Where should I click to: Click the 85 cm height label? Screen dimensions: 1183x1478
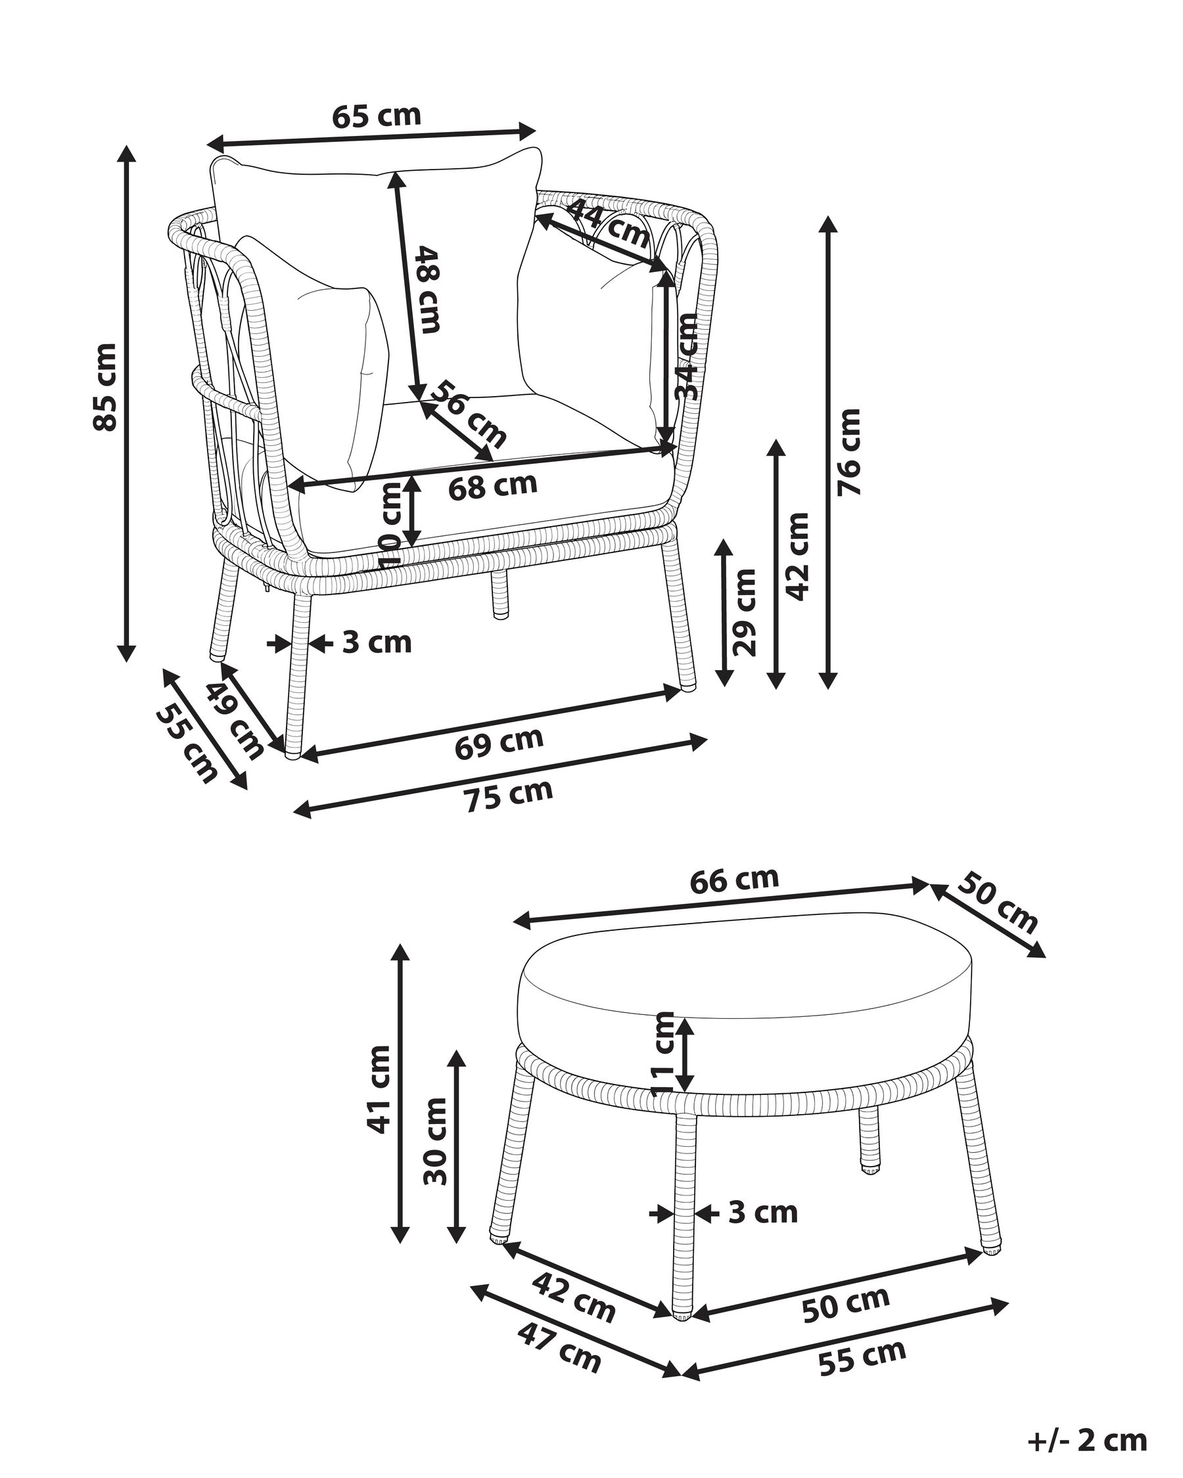(105, 387)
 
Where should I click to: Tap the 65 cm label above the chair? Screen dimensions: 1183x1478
(377, 116)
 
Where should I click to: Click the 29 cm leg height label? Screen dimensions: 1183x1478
(743, 612)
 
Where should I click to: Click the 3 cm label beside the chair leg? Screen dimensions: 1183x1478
(377, 643)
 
